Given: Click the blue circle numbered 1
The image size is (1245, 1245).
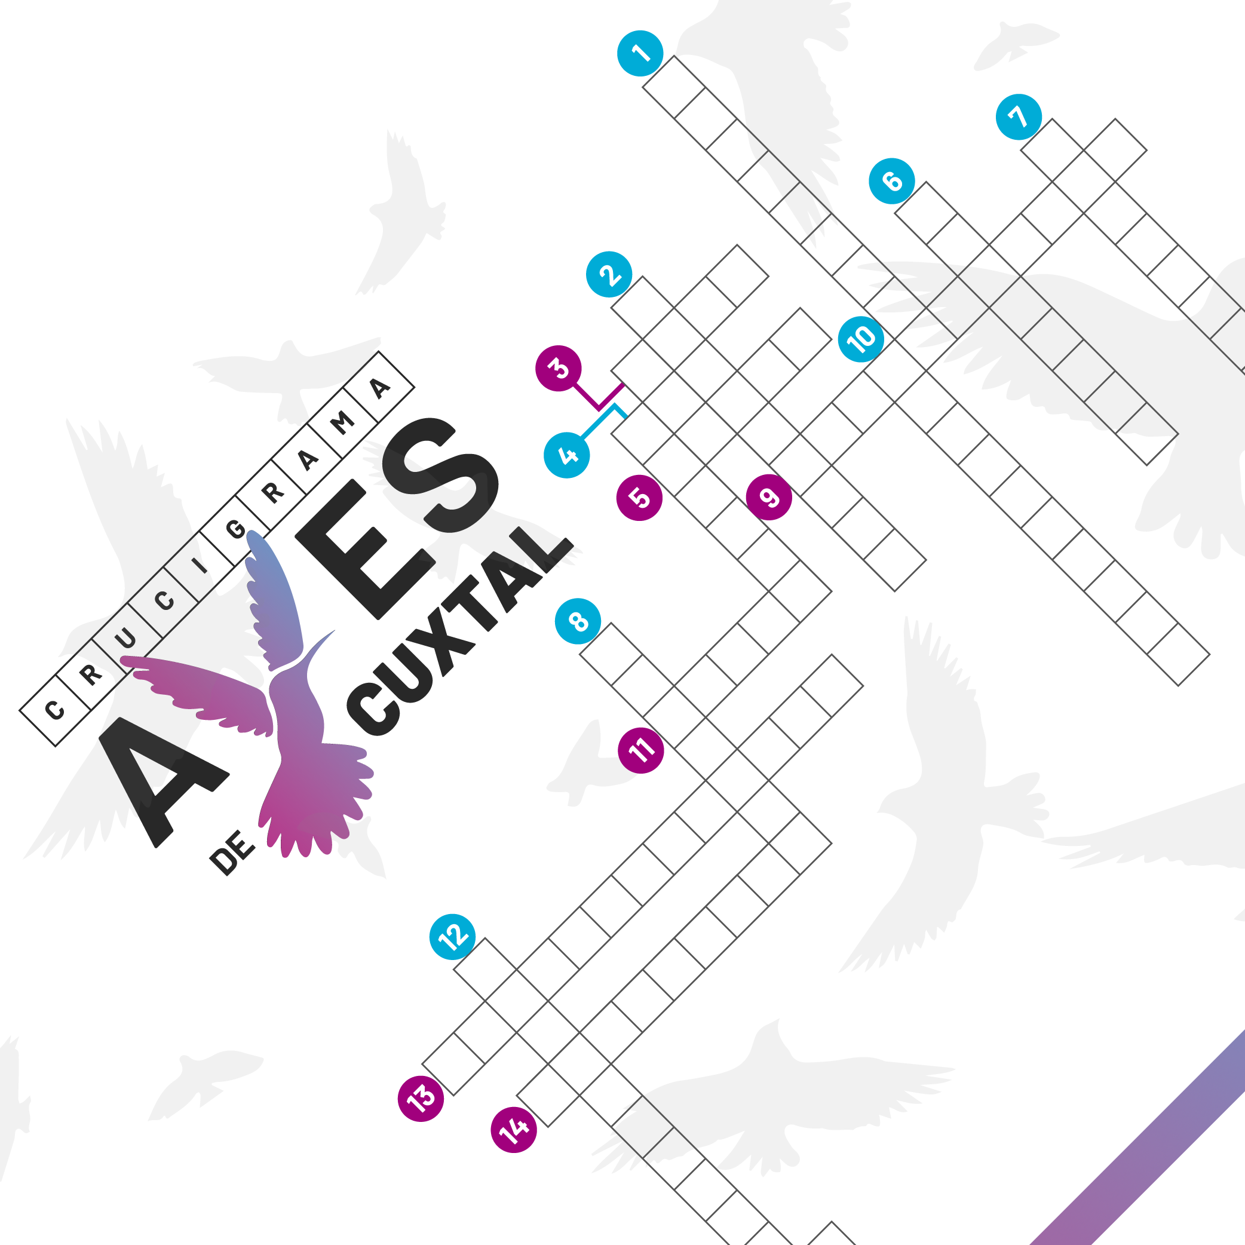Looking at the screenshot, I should coord(640,53).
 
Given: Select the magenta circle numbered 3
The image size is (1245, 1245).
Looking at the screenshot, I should coord(559,368).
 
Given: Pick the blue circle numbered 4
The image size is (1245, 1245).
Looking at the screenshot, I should coord(567,456).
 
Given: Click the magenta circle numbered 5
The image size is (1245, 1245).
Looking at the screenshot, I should coord(639,498).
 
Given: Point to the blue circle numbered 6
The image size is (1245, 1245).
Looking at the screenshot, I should coord(892,181).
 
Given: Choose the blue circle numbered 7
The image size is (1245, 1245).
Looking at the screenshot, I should coord(1019,117).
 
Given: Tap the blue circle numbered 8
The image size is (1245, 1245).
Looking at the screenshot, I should coord(578,621).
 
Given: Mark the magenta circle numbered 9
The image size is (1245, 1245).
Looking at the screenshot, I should coord(769,497).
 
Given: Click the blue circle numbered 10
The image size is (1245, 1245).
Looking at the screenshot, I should coord(861,339).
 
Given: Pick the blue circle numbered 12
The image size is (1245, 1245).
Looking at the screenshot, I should coord(452,937).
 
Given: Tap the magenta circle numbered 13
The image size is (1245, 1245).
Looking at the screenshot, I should coord(421,1099).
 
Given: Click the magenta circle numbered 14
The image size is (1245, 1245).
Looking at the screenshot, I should coord(514,1130).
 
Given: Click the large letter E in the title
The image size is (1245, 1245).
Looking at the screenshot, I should coord(361,548).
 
